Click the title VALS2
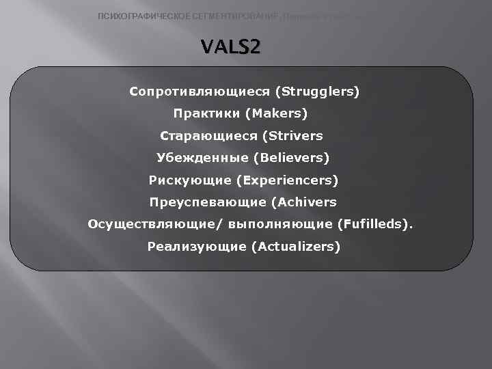point(230,49)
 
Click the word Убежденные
point(202,158)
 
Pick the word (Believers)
point(291,158)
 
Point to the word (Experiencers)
point(287,180)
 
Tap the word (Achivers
point(303,202)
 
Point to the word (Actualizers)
point(295,247)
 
